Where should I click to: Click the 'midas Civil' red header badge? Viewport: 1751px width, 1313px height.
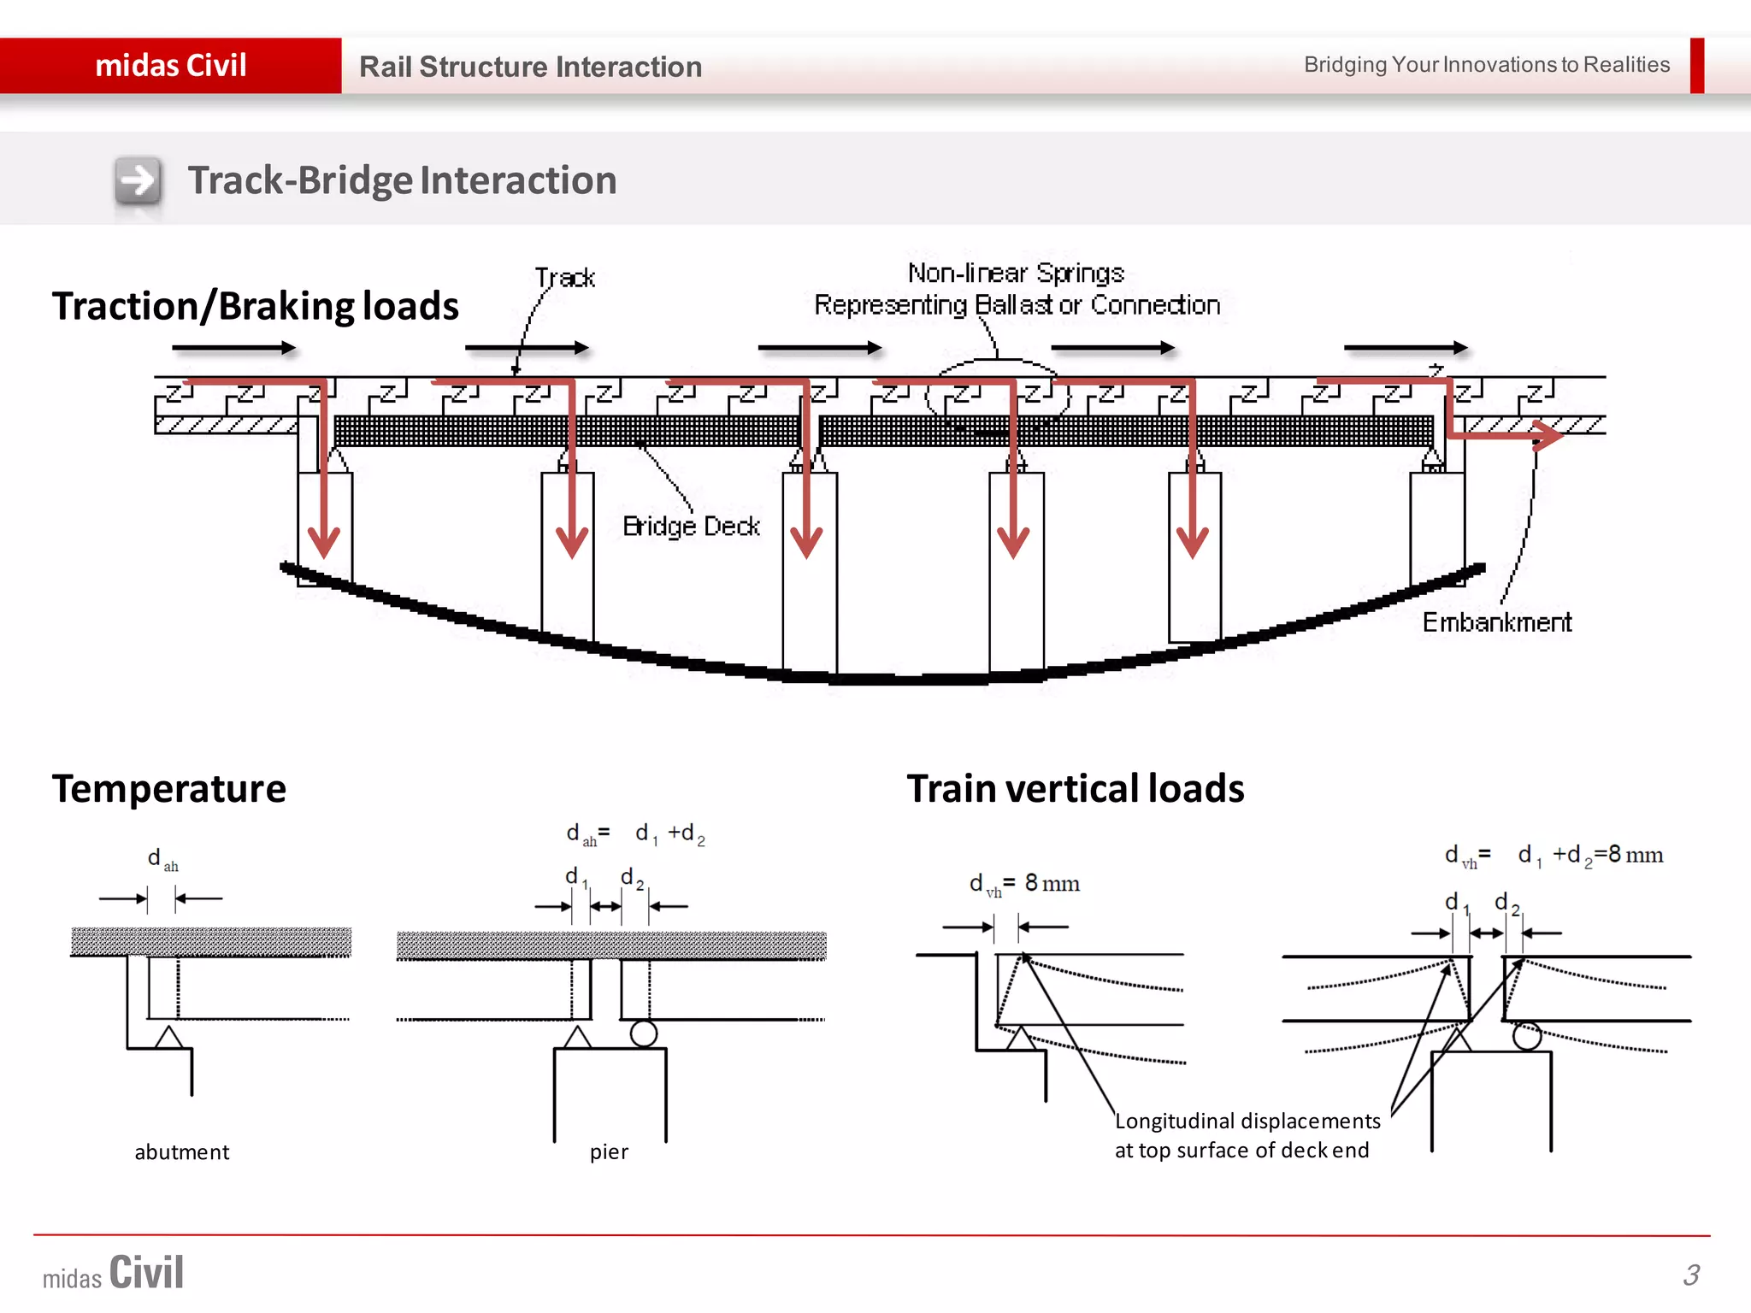(170, 66)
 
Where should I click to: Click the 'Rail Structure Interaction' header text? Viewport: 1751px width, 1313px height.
(530, 67)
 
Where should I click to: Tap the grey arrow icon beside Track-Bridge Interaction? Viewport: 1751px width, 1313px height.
(138, 180)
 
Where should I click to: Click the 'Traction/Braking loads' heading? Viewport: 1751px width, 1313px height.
(255, 306)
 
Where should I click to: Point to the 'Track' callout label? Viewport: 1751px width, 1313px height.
(564, 278)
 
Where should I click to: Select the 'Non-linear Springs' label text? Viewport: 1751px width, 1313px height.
(1016, 273)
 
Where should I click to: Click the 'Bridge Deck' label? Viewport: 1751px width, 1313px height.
(691, 526)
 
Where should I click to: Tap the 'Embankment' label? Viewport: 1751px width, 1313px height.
(1496, 622)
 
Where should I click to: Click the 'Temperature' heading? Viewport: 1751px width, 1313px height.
(169, 788)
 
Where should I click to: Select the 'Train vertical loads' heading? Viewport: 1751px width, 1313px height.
(1075, 788)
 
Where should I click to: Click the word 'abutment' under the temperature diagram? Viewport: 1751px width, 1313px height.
(182, 1152)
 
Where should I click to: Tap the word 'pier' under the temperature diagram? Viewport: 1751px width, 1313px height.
(609, 1152)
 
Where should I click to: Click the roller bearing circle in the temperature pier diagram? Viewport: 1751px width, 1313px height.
(643, 1034)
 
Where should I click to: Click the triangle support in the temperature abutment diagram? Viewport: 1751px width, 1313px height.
(168, 1038)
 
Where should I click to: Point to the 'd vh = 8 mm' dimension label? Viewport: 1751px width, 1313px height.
(1024, 884)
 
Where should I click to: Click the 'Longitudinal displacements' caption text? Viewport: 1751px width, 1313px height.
(1247, 1121)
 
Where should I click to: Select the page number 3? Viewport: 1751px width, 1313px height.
(1691, 1275)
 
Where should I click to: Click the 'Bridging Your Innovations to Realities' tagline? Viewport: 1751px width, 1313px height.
(1486, 65)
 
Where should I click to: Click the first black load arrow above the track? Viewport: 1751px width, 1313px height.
(233, 348)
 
